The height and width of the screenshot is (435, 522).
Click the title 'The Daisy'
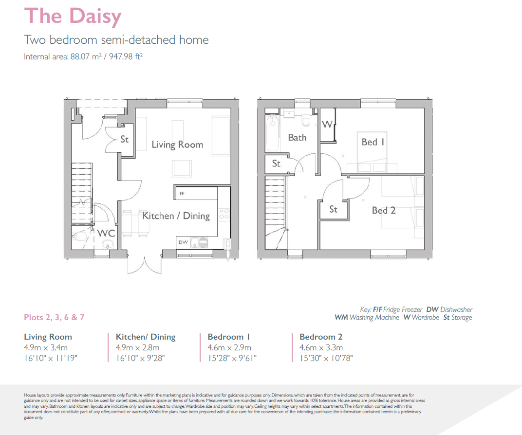[x=73, y=16]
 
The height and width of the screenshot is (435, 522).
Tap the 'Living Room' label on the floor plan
[x=177, y=145]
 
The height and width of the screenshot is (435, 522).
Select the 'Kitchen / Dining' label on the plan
[x=176, y=216]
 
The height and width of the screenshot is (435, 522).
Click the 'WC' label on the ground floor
[x=106, y=233]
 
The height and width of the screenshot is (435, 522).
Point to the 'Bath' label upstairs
[x=298, y=137]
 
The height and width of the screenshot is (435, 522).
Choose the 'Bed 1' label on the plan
[x=373, y=142]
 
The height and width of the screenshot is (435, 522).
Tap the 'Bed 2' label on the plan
[x=384, y=211]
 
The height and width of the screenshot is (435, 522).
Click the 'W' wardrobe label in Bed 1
[x=327, y=125]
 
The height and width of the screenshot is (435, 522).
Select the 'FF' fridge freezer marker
[x=182, y=194]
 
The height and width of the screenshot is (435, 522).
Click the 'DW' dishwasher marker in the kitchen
[x=183, y=242]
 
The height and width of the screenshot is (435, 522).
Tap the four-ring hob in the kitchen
[x=224, y=214]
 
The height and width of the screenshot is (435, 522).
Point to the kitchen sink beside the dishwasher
[x=199, y=242]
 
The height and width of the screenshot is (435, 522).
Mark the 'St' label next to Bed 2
[x=333, y=209]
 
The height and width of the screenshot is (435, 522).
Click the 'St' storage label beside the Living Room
[x=125, y=139]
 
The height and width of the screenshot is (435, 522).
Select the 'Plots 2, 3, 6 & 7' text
[x=54, y=317]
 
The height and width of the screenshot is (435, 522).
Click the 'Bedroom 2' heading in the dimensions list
[x=321, y=337]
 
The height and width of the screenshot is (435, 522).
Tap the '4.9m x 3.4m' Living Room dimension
[x=46, y=347]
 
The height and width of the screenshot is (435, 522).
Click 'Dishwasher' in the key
[x=456, y=309]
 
